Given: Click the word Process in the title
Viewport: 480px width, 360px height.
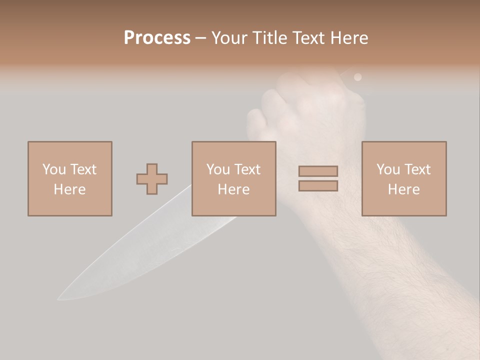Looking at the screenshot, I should point(157,38).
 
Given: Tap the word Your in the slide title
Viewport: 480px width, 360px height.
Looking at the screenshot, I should point(230,38).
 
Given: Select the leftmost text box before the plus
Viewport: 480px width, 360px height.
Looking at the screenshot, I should point(69,178).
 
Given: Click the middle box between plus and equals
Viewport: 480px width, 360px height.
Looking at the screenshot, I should point(233,178).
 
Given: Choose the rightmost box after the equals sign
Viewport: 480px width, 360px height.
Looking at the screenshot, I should point(403,178).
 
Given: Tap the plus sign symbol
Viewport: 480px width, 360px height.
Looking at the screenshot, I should point(152,179).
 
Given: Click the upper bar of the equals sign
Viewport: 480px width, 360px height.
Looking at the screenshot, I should point(318,171).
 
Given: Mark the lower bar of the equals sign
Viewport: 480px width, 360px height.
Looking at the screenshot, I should point(318,185).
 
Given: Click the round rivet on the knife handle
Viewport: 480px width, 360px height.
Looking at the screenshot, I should point(357,77).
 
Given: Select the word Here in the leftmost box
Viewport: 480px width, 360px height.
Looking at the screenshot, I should point(69,189).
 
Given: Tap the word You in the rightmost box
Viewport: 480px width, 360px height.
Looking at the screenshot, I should point(388,169).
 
